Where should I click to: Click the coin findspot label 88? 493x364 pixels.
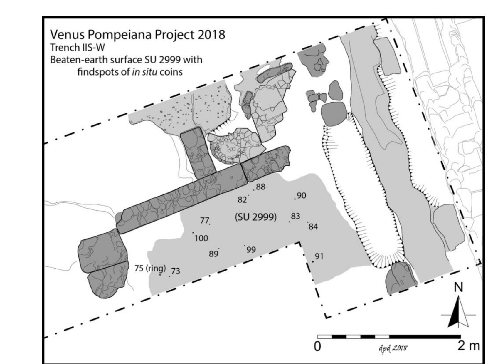(x=261, y=187)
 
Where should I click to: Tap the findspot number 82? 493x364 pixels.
(x=242, y=200)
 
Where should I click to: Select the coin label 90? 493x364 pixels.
(x=302, y=196)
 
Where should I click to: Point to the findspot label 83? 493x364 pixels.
(x=295, y=216)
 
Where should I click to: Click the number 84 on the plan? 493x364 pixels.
(x=313, y=227)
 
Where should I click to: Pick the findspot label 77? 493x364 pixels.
(x=204, y=220)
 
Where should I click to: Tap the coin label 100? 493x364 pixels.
(x=201, y=238)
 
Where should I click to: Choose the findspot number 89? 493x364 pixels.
(x=213, y=254)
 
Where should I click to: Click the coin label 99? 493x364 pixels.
(x=251, y=250)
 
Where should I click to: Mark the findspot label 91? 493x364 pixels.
(x=319, y=256)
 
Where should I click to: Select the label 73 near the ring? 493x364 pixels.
(x=176, y=271)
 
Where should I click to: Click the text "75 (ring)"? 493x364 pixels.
(x=150, y=269)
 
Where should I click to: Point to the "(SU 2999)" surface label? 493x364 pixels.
(x=256, y=217)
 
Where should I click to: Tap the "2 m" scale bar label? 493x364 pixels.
(x=469, y=346)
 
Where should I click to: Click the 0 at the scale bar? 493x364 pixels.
(x=317, y=347)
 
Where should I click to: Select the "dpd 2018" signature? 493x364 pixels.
(x=393, y=348)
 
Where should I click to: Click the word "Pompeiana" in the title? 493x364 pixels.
(x=120, y=34)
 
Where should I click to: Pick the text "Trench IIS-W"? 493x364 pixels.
(x=77, y=47)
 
